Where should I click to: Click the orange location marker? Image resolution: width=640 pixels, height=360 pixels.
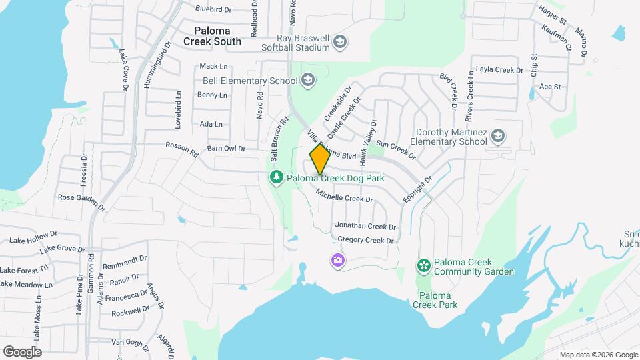click(x=320, y=160)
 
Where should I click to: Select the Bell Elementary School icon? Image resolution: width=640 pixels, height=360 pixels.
click(x=307, y=81)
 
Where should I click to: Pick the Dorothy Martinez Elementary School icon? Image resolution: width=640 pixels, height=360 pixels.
click(x=497, y=137)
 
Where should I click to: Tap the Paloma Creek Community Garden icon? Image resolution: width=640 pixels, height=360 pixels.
click(x=423, y=266)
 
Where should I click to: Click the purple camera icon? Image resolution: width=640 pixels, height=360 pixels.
click(x=338, y=260)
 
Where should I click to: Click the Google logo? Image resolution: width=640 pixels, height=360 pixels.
click(x=22, y=351)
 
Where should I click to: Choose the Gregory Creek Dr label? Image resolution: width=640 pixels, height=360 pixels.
click(x=366, y=240)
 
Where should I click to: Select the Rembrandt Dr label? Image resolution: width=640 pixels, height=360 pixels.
click(x=125, y=262)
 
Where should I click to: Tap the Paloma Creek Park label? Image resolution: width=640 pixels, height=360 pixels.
click(x=435, y=300)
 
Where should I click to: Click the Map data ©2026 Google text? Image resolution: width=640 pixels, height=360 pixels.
click(x=598, y=355)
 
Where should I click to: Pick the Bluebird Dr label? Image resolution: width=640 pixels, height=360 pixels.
click(x=213, y=9)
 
